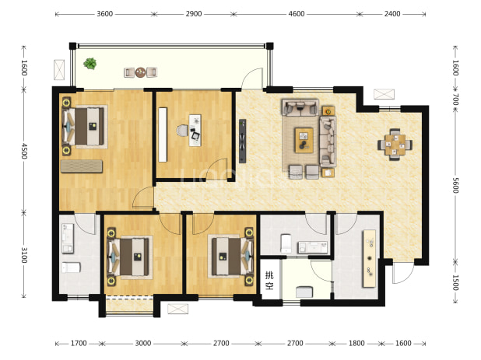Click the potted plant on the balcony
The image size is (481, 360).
(x=90, y=64)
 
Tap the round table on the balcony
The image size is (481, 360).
(x=141, y=72)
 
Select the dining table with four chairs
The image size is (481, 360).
(x=395, y=145)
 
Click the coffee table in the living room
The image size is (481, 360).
(x=304, y=140)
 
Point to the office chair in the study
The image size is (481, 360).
(x=182, y=131)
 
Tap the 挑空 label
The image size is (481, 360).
(x=269, y=281)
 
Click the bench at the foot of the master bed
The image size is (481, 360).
(x=82, y=166)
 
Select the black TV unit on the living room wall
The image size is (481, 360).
(x=242, y=141)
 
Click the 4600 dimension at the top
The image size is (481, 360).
(x=297, y=14)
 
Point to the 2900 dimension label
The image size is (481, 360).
(x=194, y=14)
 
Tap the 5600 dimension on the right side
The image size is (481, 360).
(x=455, y=185)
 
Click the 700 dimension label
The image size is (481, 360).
(x=455, y=100)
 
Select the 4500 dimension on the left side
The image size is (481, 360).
(x=24, y=151)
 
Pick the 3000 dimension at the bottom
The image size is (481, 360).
(x=143, y=343)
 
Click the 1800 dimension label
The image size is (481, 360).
(x=356, y=343)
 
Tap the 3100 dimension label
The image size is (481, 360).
(x=24, y=255)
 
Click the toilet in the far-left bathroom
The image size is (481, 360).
(x=71, y=267)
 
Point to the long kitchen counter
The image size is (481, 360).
(x=370, y=259)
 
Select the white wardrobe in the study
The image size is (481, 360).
(x=163, y=135)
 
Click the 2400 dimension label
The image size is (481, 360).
(x=392, y=14)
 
